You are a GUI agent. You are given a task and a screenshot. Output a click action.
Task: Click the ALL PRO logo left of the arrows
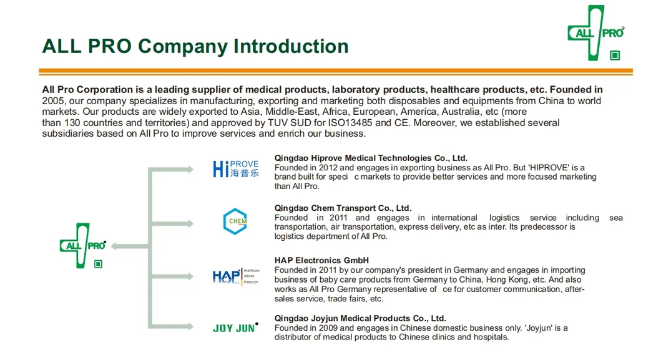[x=82, y=246]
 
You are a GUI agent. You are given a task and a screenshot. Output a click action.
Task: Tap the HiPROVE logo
[x=235, y=168]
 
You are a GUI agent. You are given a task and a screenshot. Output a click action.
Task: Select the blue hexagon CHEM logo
[x=235, y=221]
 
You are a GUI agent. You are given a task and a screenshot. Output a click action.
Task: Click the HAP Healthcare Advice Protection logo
[x=235, y=276]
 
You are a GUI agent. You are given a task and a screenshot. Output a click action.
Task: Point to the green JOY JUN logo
[x=235, y=328]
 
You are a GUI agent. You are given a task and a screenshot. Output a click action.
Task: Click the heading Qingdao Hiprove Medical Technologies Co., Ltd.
[x=371, y=158]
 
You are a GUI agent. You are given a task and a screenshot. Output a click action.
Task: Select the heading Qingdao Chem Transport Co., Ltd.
[x=343, y=208]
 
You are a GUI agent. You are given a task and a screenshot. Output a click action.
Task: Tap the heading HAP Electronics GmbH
[x=321, y=261]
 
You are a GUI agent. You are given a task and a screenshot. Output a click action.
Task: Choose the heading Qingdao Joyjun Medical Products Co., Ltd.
[x=360, y=318]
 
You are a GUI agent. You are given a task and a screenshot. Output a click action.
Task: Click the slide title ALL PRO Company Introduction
[x=195, y=46]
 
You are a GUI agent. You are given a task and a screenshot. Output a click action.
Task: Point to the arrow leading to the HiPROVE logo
[x=172, y=169]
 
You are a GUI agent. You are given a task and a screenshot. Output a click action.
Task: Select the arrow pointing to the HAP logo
[x=172, y=275]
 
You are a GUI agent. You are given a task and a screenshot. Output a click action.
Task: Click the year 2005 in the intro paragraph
[x=53, y=100]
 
